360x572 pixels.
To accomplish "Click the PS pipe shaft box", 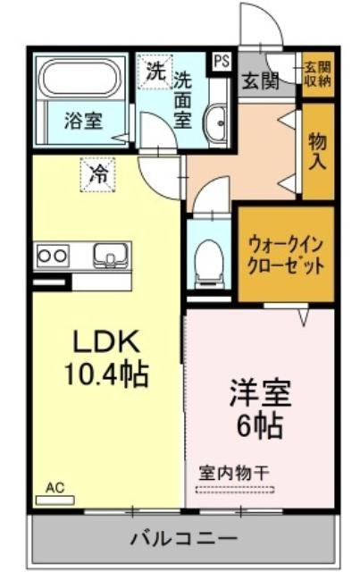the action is click(222, 62).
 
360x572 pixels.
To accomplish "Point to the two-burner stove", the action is click(54, 256).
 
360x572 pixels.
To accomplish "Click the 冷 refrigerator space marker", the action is click(97, 174).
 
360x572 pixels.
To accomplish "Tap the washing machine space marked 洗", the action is click(155, 71).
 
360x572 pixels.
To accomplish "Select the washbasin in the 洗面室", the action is click(217, 123).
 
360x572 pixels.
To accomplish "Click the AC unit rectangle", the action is click(55, 500).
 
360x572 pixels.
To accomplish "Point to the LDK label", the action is click(106, 341).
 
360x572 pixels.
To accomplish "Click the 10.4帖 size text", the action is click(106, 374).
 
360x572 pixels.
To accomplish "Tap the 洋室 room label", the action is click(260, 393).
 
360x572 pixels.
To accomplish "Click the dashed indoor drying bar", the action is click(235, 490).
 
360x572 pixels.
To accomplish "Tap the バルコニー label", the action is click(184, 538).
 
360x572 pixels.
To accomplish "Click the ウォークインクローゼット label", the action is click(286, 255).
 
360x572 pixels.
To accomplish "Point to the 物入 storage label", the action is click(318, 151).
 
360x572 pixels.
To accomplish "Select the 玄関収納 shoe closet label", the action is click(318, 73).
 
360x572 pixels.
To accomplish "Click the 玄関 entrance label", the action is click(261, 80).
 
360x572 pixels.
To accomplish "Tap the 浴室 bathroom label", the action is click(83, 121).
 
